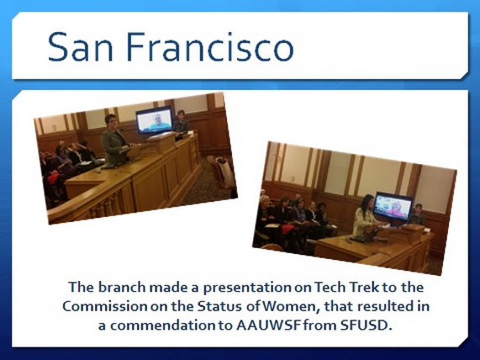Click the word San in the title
(x=80, y=46)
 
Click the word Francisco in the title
(x=209, y=46)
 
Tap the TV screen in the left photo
(x=155, y=119)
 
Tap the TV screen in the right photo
(x=393, y=206)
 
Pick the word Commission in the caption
(x=105, y=306)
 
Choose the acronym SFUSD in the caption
(x=366, y=326)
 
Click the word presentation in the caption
(x=247, y=288)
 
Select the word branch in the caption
(x=122, y=287)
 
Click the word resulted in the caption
(x=374, y=306)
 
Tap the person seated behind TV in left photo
(x=181, y=124)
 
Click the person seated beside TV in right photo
(x=417, y=214)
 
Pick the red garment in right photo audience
(x=287, y=229)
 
